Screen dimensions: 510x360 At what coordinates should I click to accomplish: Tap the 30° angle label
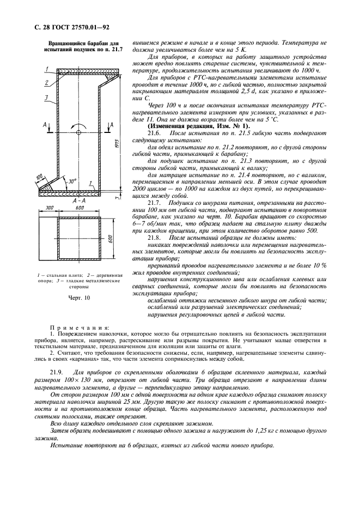point(72,181)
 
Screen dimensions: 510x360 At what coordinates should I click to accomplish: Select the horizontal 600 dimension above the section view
point(80,208)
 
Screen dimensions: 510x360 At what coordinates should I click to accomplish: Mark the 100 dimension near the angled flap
point(40,177)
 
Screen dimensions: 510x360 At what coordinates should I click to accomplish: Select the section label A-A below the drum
point(80,201)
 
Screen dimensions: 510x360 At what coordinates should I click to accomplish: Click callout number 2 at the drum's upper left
point(47,82)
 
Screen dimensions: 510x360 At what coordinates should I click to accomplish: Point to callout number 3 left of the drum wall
point(47,98)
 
